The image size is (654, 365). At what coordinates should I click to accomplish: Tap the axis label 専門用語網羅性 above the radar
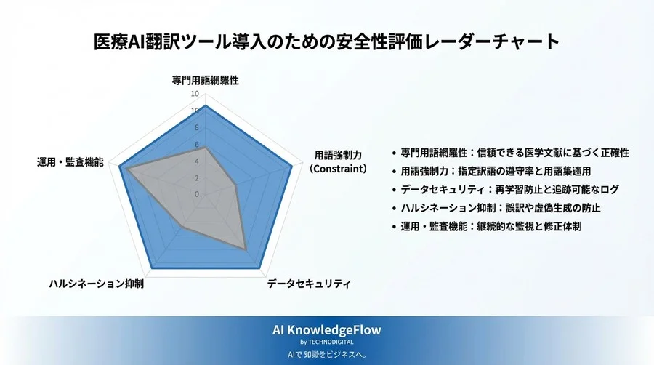(205, 80)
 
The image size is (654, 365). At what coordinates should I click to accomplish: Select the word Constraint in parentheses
(338, 169)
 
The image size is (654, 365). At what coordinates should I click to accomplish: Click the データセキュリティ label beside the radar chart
(308, 284)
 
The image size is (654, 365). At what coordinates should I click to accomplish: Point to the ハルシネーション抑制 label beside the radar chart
(97, 284)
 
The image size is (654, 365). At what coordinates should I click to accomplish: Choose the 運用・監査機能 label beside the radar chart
(70, 161)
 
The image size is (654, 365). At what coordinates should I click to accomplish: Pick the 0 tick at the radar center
(196, 194)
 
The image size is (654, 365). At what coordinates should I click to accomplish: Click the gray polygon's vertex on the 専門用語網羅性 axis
(205, 148)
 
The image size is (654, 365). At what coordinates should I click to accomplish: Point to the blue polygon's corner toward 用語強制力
(292, 167)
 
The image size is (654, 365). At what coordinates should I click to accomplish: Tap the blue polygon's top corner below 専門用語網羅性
(205, 105)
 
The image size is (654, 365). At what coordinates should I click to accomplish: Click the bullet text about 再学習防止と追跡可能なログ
(509, 190)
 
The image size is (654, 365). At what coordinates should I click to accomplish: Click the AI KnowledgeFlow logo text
(326, 330)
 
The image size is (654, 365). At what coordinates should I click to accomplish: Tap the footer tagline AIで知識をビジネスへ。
(326, 355)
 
